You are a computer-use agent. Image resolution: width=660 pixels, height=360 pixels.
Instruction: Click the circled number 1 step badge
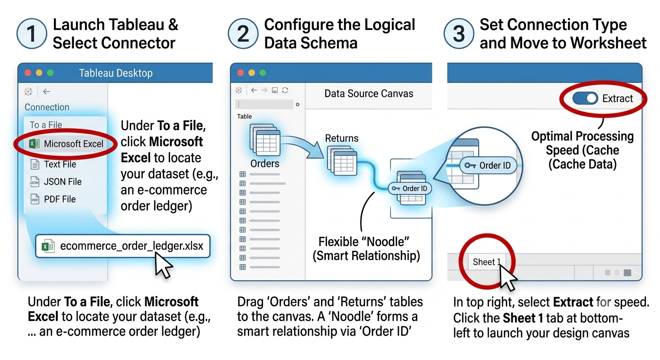(31, 34)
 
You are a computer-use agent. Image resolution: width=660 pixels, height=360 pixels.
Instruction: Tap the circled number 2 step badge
(243, 34)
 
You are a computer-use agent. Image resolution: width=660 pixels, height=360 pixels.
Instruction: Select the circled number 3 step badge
(458, 34)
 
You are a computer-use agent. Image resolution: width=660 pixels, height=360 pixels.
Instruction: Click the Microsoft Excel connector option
(66, 144)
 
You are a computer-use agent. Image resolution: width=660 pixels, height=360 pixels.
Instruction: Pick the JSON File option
(56, 181)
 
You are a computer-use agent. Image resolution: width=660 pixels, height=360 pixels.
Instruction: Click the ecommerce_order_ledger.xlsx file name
(131, 246)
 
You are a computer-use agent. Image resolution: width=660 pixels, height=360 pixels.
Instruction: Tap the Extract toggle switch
(585, 98)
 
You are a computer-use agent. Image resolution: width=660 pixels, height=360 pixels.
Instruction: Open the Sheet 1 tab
(487, 262)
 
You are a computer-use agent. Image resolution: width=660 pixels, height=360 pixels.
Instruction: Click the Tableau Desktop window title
(116, 73)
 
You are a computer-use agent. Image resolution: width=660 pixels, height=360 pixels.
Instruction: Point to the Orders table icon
(264, 140)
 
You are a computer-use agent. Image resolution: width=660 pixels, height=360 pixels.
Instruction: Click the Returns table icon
(342, 160)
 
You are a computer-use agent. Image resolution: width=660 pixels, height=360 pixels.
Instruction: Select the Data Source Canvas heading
(368, 94)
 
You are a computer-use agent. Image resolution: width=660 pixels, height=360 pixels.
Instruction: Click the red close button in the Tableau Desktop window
(28, 73)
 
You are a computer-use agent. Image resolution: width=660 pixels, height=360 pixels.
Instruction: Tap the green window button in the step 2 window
(262, 73)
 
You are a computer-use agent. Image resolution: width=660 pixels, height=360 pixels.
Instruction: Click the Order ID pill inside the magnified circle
(488, 165)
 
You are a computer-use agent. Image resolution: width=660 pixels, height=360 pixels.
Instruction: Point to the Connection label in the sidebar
(47, 107)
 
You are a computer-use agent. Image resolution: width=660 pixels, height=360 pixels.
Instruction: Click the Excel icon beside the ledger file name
(48, 246)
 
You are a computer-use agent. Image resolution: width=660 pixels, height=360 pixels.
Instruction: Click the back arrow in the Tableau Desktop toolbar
(46, 91)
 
